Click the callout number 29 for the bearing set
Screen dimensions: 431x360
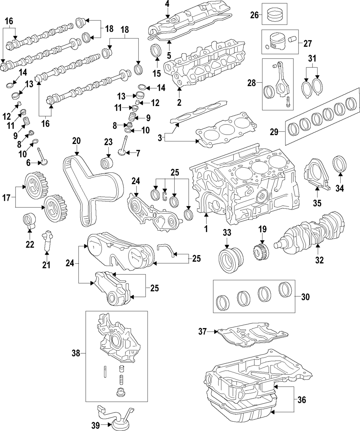[x=274, y=132]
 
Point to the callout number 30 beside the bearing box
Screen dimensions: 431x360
[x=305, y=297]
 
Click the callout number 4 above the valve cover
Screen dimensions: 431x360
[x=167, y=4]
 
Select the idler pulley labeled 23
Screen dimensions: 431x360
[x=108, y=163]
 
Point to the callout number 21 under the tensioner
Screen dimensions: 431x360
[x=46, y=265]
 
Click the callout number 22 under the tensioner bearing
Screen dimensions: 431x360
[x=30, y=245]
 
